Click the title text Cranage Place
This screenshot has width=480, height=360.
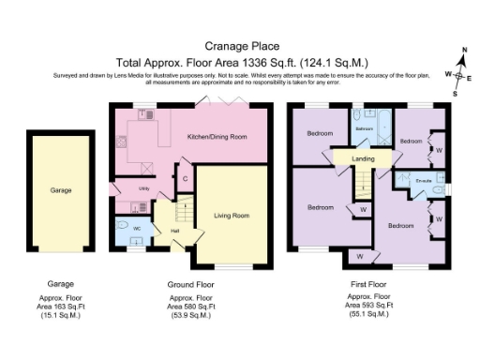pos(240,44)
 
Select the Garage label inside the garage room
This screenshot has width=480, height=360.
pos(61,189)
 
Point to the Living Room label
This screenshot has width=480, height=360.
pos(232,215)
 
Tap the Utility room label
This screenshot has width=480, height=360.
pos(144,188)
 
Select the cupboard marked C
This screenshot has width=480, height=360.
pos(186,178)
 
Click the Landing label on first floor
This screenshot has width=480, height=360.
pos(363,159)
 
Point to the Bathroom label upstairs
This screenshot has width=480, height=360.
pos(365,128)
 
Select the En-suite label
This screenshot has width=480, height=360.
pos(424,179)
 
